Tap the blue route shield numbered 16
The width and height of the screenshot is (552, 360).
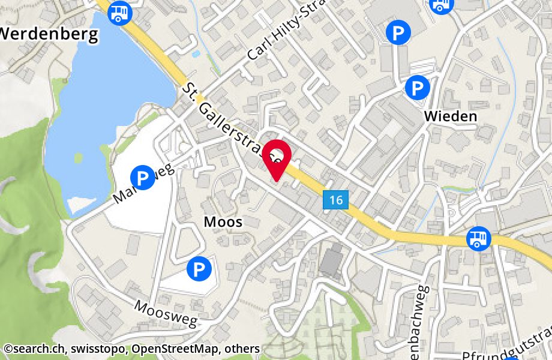[x=336, y=200]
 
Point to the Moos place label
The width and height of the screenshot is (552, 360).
[x=223, y=222]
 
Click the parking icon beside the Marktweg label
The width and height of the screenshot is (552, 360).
[x=142, y=178]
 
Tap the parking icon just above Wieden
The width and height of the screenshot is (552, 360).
[x=417, y=88]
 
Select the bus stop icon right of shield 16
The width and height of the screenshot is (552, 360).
[x=479, y=238]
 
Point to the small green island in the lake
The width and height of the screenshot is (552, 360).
[x=78, y=158]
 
